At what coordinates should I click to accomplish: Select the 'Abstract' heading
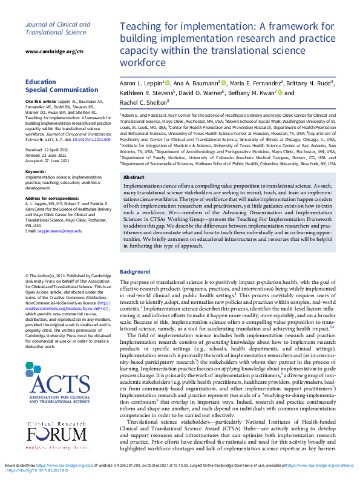[x=134, y=177]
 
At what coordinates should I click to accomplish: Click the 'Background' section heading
[x=134, y=272]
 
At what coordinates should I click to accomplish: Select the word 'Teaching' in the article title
[x=141, y=28]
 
